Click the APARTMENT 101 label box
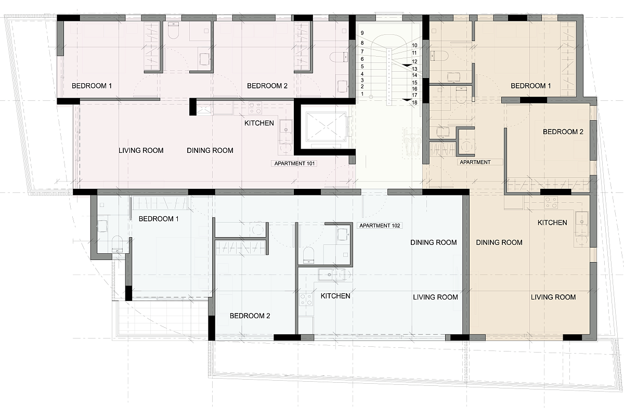pos(294,163)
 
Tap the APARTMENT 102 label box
pos(380,225)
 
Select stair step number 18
pos(414,102)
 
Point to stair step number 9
pos(362,33)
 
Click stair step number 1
pos(362,94)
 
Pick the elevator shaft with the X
pos(325,126)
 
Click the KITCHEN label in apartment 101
pos(259,123)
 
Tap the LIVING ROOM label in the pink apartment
pos(141,150)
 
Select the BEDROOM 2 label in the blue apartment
pos(250,316)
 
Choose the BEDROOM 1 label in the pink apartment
pos(92,86)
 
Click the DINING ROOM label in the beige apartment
pos(499,242)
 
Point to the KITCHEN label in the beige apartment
pos(552,223)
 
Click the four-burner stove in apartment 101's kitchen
pos(255,108)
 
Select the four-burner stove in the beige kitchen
pos(551,203)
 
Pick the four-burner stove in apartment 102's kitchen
pos(306,300)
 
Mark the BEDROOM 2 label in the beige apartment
pos(563,132)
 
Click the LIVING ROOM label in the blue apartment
pos(435,297)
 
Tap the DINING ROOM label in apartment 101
pos(210,150)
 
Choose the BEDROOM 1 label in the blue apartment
pos(159,219)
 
